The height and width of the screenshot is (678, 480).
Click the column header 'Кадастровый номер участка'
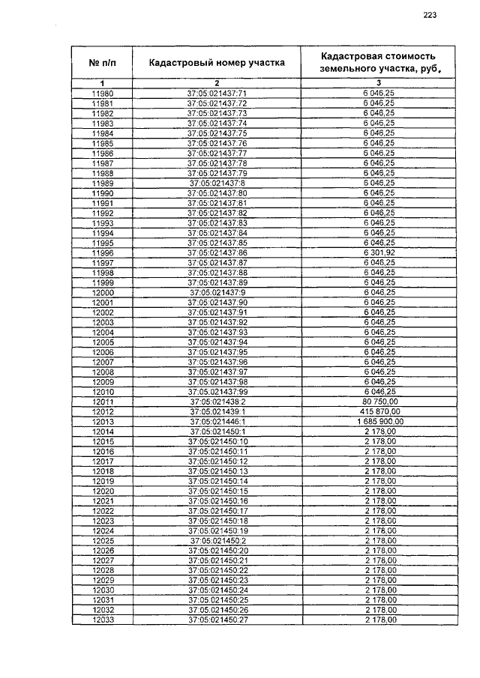pyautogui.click(x=217, y=63)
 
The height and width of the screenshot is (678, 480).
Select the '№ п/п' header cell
pyautogui.click(x=102, y=63)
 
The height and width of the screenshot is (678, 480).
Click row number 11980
pyautogui.click(x=102, y=93)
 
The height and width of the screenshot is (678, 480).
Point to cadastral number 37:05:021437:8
pyautogui.click(x=217, y=183)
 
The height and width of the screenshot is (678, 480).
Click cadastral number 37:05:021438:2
pyautogui.click(x=217, y=402)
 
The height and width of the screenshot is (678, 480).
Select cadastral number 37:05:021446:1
pyautogui.click(x=217, y=422)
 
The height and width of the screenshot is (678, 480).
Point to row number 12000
pyautogui.click(x=102, y=292)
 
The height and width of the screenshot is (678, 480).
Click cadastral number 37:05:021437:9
pyautogui.click(x=217, y=292)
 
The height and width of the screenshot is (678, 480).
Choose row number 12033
pyautogui.click(x=102, y=620)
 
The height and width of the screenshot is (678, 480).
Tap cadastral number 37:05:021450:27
pyautogui.click(x=217, y=620)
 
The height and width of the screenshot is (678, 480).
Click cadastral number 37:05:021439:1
pyautogui.click(x=217, y=411)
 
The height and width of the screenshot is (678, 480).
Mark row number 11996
pyautogui.click(x=102, y=252)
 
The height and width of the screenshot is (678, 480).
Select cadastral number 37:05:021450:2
pyautogui.click(x=217, y=541)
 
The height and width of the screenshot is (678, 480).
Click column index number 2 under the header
pyautogui.click(x=217, y=82)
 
